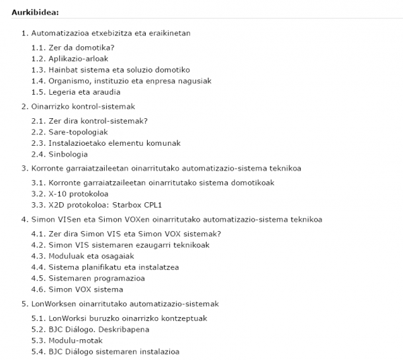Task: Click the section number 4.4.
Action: [38, 267]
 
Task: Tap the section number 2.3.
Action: [38, 143]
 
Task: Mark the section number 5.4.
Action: [38, 351]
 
